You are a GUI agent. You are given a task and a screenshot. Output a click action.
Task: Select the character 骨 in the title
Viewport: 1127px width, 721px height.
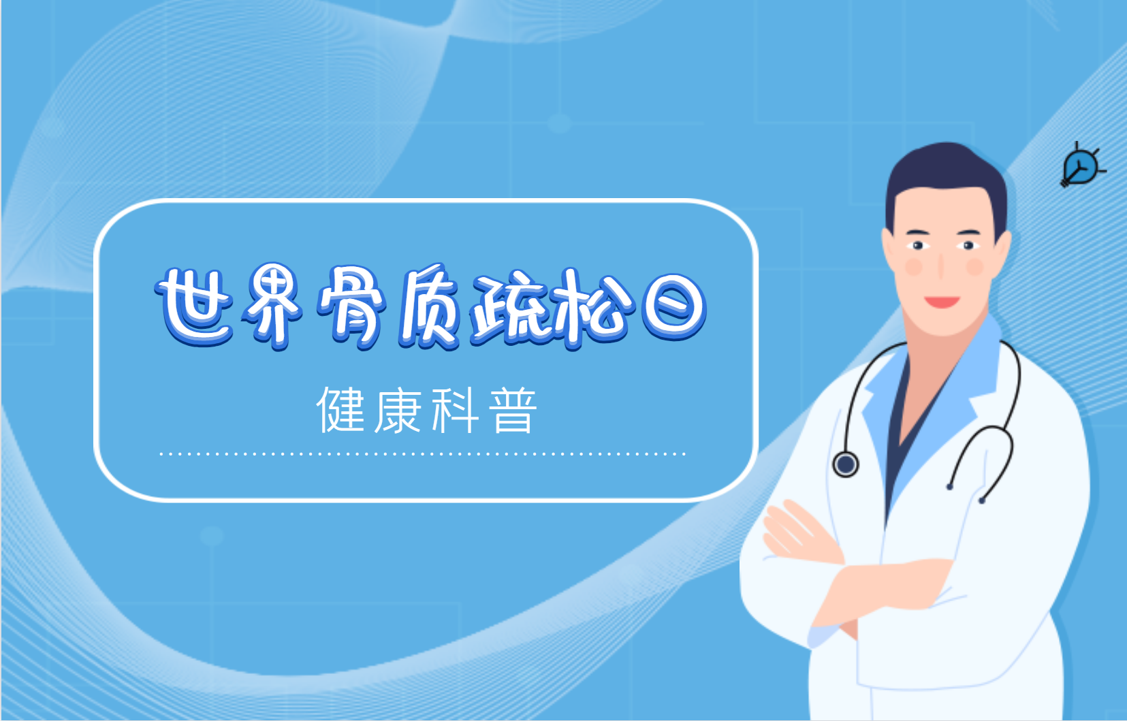pos(351,307)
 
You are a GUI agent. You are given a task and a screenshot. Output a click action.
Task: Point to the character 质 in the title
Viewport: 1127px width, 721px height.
pos(429,307)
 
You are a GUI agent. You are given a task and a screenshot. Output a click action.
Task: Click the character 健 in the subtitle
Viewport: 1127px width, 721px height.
pos(341,410)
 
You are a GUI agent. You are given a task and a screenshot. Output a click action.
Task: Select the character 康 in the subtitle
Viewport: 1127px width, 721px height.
pos(398,410)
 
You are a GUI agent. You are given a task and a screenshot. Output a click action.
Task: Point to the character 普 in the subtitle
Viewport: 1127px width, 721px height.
pos(513,410)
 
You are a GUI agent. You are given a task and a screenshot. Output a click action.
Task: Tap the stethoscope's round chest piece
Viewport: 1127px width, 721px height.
pos(846,464)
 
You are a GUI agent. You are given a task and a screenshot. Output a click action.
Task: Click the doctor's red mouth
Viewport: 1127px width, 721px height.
pos(942,302)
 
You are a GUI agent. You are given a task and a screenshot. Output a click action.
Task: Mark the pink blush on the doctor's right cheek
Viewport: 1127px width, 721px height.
pos(914,266)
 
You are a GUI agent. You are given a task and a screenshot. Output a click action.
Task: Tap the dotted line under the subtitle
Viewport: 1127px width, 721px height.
pos(423,454)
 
